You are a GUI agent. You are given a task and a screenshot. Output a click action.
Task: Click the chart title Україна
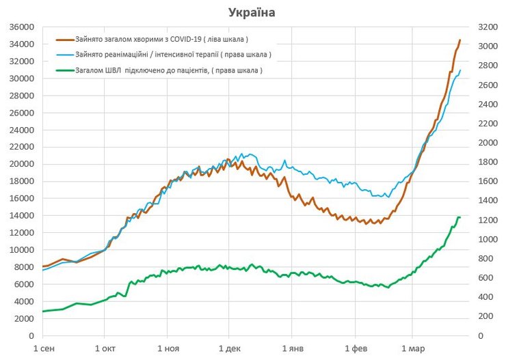252,12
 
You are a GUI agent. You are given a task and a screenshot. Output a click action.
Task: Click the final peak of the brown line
460,40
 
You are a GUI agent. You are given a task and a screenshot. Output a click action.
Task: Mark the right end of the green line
460,217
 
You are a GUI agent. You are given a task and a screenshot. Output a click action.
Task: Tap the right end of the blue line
460,70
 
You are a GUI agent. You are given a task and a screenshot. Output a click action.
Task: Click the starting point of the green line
43,311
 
